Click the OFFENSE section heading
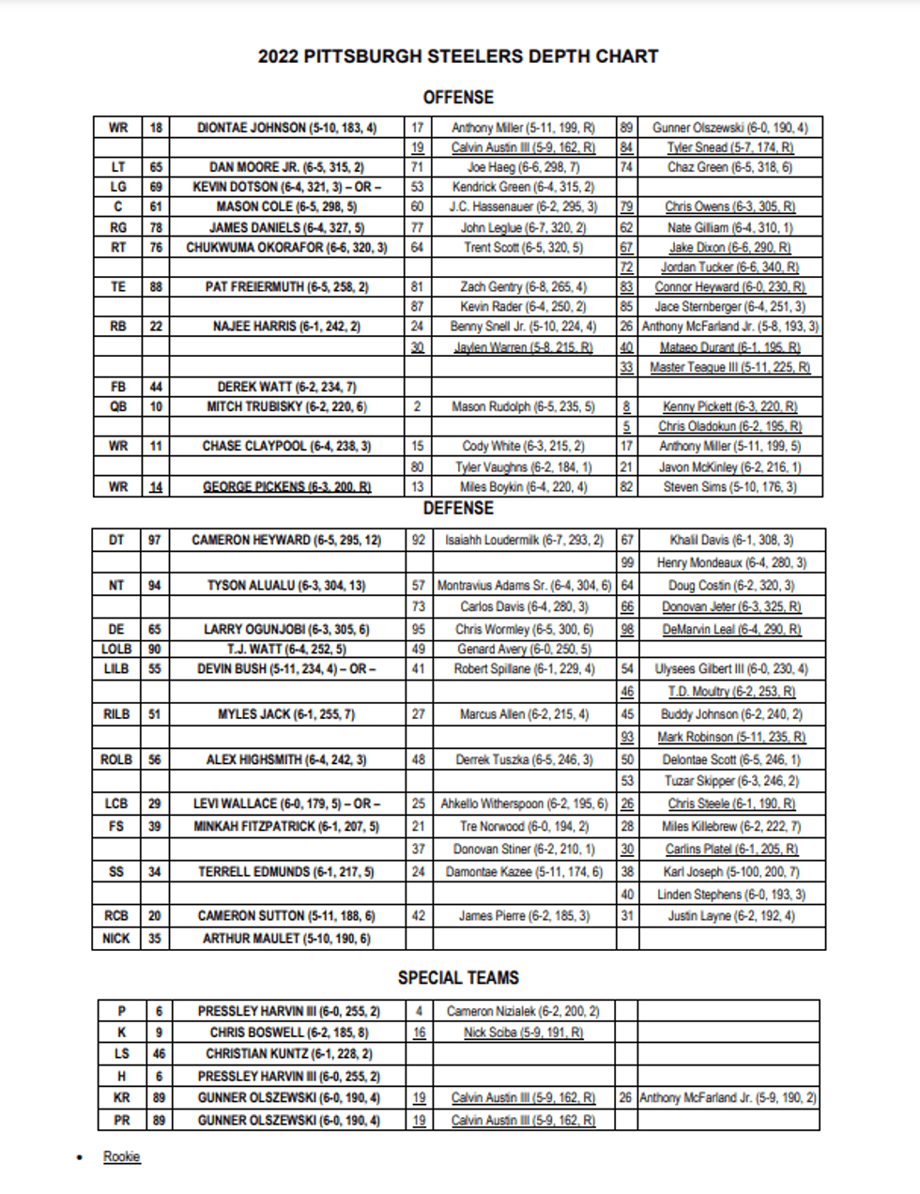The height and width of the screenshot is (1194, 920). tap(458, 97)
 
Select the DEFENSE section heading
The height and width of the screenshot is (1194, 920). tap(458, 508)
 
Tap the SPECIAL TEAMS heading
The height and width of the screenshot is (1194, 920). tap(458, 977)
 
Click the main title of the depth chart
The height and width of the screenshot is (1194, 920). tap(458, 56)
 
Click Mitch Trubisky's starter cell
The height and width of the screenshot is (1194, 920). tap(286, 406)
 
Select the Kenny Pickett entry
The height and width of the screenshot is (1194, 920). tap(729, 406)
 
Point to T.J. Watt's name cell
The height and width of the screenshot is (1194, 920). tap(286, 649)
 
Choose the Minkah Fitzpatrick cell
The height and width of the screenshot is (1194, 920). tap(286, 826)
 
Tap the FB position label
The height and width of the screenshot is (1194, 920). tap(117, 387)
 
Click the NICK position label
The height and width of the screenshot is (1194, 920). tap(116, 938)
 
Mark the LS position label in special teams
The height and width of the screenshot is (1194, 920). tap(122, 1053)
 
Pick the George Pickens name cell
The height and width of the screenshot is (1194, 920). tap(286, 486)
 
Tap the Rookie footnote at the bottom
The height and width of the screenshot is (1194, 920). tap(121, 1156)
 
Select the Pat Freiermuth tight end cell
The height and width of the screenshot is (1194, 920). tap(286, 286)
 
